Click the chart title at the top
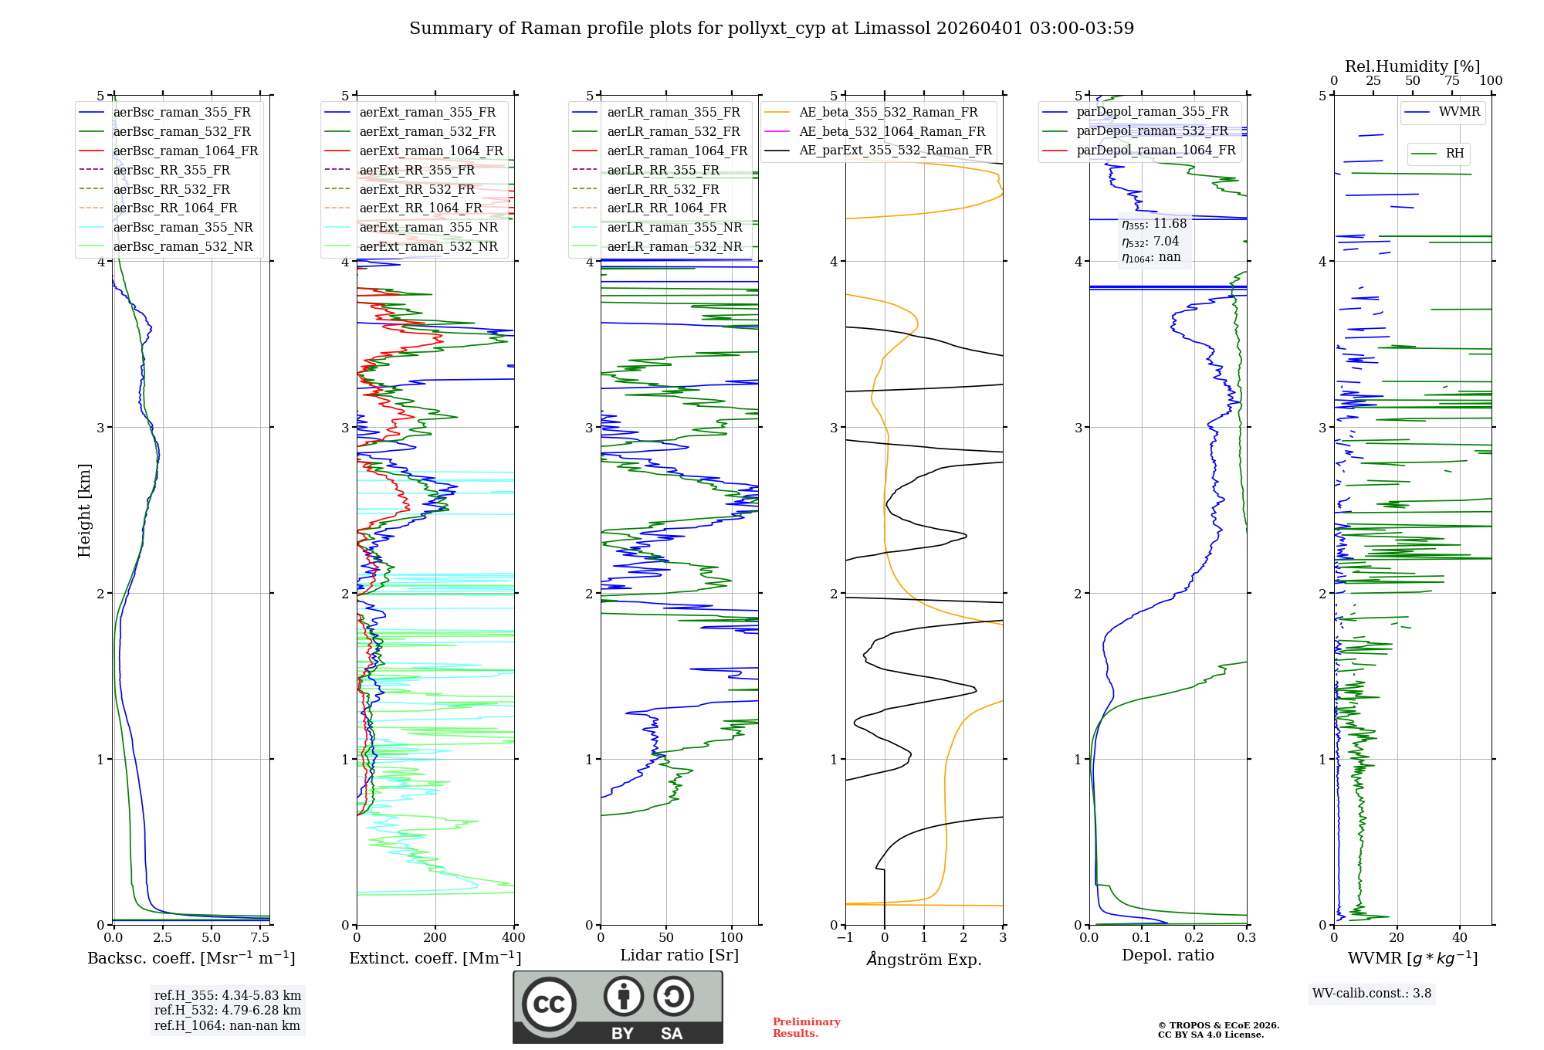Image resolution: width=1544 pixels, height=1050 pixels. (x=771, y=29)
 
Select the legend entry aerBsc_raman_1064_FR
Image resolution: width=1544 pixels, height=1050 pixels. (x=185, y=151)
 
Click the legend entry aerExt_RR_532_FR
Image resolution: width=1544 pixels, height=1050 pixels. (x=417, y=189)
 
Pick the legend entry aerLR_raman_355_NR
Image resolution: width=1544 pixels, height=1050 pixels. (x=674, y=227)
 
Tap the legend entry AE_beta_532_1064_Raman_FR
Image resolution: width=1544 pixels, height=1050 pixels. (x=892, y=131)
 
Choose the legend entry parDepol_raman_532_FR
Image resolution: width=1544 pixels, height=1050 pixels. (x=1152, y=131)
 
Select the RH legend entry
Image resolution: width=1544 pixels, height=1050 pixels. (x=1454, y=154)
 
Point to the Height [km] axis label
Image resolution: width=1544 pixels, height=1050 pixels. (x=84, y=510)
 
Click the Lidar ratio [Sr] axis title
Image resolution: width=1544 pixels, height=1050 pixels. (x=679, y=955)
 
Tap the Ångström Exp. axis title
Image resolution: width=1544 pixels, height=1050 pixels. (x=924, y=960)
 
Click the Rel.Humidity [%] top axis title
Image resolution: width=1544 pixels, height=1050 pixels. (x=1412, y=66)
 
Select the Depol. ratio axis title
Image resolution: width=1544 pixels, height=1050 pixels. (x=1167, y=955)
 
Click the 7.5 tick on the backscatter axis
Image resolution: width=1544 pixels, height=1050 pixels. (x=260, y=938)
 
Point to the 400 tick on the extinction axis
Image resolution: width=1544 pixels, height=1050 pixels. (x=513, y=938)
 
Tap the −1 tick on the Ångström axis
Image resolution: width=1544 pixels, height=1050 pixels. (x=845, y=938)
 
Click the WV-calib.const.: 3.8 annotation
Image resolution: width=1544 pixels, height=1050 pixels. (x=1372, y=994)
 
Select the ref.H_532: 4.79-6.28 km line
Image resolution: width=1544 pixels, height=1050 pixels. (x=228, y=1010)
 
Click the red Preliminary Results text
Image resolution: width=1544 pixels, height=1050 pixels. (x=806, y=1028)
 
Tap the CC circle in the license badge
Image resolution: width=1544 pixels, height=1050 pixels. (x=549, y=1004)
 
